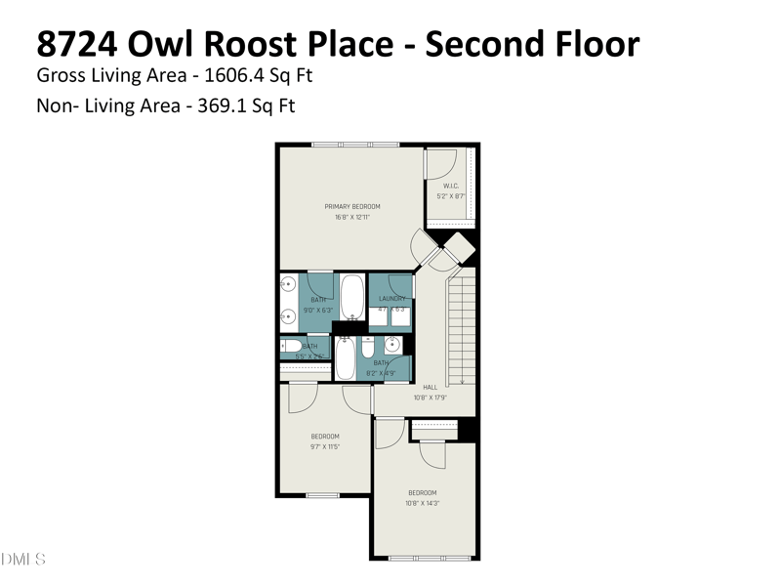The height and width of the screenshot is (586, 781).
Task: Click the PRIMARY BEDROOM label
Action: tap(351, 206)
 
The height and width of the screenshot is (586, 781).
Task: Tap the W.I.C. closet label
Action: tap(451, 186)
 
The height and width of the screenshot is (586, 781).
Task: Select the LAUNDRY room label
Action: tap(391, 299)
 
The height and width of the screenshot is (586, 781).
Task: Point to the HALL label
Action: tap(430, 387)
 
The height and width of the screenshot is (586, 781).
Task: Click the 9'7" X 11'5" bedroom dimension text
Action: tap(324, 446)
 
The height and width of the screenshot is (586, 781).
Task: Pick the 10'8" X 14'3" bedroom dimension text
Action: tap(422, 503)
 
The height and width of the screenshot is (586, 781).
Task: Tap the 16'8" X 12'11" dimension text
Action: tap(351, 217)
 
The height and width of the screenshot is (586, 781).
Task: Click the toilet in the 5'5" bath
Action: tap(292, 346)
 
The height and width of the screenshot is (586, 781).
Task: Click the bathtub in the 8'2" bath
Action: tap(346, 358)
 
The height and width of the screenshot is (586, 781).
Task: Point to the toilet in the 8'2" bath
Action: tap(368, 347)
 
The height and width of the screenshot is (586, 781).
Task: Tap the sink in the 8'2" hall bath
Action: tap(392, 345)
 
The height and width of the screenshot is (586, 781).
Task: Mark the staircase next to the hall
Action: tap(461, 327)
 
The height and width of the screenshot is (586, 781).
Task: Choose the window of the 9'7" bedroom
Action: tap(323, 495)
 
